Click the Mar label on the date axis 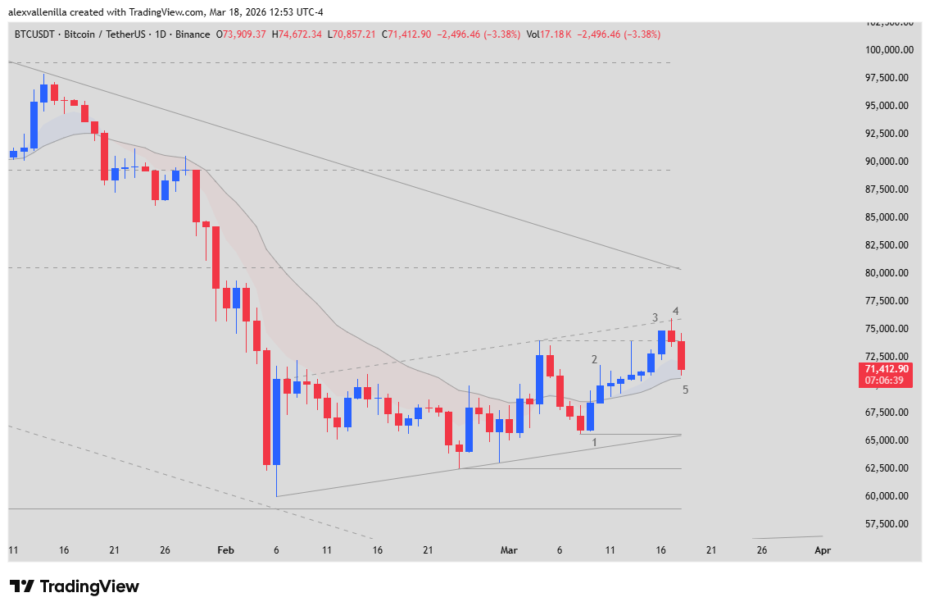509,550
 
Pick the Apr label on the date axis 823,550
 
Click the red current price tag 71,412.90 889,369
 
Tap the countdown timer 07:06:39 889,381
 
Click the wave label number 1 595,443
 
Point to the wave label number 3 655,317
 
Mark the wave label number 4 676,312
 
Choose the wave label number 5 685,390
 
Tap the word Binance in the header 192,34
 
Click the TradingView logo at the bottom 75,586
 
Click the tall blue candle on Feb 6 276,422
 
